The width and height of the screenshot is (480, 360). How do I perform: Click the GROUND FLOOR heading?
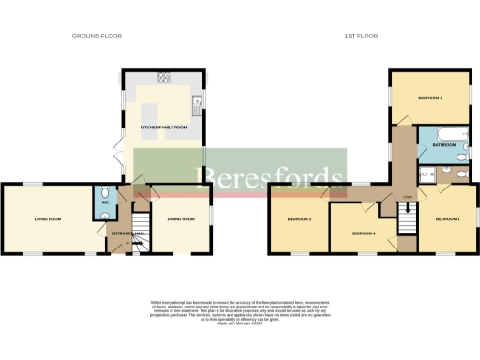click(x=97, y=36)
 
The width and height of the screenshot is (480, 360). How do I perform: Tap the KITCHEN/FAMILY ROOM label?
click(x=164, y=126)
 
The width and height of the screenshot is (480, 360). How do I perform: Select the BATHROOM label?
click(x=444, y=145)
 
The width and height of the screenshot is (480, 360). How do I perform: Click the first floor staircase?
click(x=406, y=221)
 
